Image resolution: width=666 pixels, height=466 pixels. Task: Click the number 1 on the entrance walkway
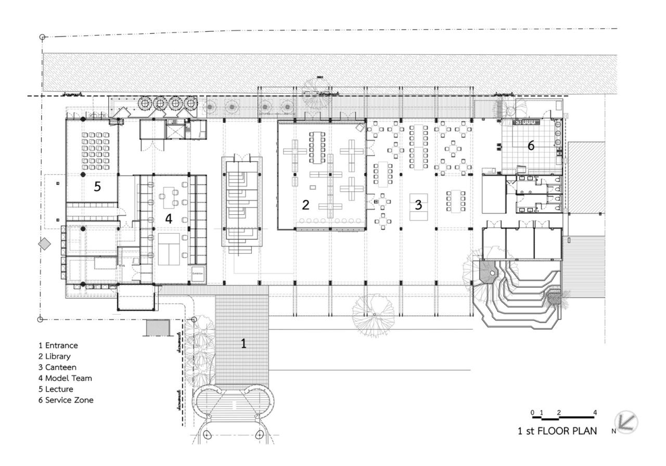coord(242,343)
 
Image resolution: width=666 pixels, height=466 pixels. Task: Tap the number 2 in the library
coord(305,205)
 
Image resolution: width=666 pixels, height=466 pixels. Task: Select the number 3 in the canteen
coord(418,205)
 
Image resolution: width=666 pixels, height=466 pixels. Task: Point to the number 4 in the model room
coord(168,219)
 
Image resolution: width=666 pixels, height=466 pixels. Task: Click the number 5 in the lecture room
coord(97,187)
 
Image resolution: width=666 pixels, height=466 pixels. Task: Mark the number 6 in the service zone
coord(530,146)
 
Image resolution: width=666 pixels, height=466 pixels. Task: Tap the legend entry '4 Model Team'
coord(65,378)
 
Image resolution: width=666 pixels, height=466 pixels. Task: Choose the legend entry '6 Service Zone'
coord(66,400)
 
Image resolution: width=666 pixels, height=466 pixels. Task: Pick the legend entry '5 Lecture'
coord(56,389)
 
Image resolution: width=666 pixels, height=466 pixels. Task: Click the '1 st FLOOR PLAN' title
coord(557,431)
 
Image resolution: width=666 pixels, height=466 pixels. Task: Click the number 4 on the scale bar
coord(595,413)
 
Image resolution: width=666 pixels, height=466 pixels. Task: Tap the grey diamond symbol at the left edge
coord(45,244)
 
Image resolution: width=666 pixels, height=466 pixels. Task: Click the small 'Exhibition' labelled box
coord(198,273)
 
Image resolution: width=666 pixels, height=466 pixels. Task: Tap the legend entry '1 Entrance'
coord(58,345)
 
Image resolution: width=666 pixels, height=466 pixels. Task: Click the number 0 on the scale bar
coord(532,413)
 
